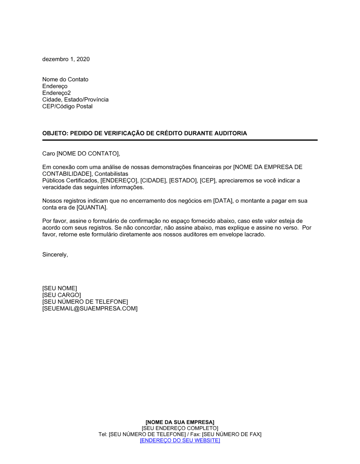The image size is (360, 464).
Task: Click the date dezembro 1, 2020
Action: pos(66,59)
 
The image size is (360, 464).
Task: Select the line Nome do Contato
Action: pos(65,79)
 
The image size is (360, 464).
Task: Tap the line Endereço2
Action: pos(57,93)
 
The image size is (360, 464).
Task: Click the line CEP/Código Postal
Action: pos(67,106)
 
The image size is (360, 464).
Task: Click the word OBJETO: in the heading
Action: pos(55,133)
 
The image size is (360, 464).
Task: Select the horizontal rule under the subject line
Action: pos(180,140)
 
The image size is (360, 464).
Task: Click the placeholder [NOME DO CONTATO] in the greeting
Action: pos(88,154)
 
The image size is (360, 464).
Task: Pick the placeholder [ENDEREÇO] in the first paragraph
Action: pos(119,181)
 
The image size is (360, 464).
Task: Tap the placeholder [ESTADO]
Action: pos(183,181)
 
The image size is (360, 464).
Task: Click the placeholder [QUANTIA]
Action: pos(92,208)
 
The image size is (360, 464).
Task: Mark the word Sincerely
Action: pos(55,255)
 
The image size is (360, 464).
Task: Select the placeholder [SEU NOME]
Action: pos(59,288)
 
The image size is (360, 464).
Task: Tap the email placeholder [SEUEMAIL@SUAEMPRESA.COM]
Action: pos(90,309)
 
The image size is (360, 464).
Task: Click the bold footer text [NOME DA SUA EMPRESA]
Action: pos(180,422)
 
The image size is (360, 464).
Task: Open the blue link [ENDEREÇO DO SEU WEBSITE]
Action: pos(180,441)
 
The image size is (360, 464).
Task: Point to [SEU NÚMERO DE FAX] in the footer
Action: pos(231,435)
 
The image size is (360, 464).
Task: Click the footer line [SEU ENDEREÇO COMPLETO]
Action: pos(180,428)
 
